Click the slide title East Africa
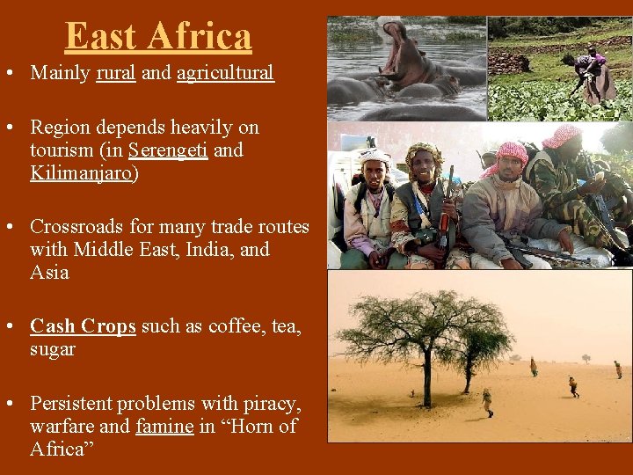click(158, 36)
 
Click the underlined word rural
click(116, 73)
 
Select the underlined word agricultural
click(225, 73)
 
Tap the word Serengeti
click(168, 150)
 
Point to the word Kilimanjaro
click(82, 173)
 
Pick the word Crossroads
click(76, 227)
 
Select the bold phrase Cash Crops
click(83, 326)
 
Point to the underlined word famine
click(164, 427)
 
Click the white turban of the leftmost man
click(375, 157)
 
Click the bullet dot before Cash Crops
click(18, 327)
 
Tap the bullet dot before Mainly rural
click(18, 74)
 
